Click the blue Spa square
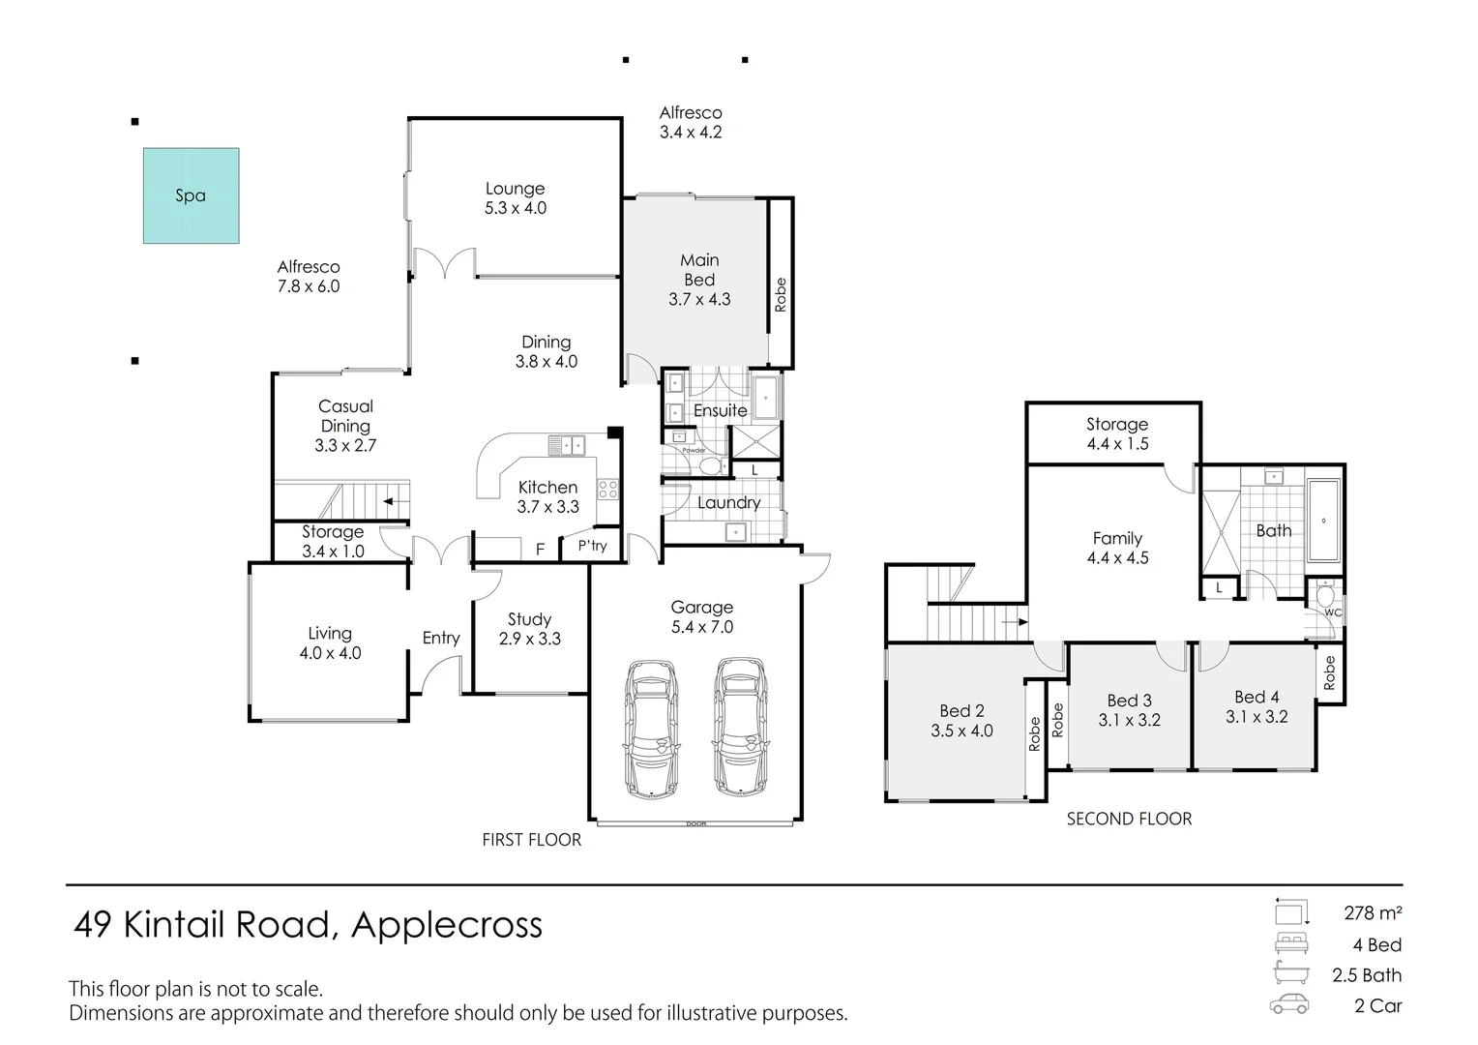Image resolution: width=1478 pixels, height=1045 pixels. [x=191, y=195]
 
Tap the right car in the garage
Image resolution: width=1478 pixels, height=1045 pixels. [x=740, y=728]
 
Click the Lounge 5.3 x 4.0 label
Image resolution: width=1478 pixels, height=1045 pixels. [x=515, y=198]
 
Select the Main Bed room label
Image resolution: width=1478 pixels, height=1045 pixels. [x=699, y=280]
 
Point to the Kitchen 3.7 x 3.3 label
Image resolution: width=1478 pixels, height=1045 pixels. [x=547, y=497]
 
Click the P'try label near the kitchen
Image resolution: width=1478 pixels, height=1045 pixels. [x=592, y=546]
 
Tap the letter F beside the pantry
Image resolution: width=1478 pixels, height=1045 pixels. [x=541, y=550]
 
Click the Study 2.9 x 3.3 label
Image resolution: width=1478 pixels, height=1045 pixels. [x=529, y=629]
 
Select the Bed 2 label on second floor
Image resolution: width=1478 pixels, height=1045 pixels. [x=961, y=721]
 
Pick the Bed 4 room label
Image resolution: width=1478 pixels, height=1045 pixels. [x=1256, y=706]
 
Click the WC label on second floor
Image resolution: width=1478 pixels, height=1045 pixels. [x=1333, y=612]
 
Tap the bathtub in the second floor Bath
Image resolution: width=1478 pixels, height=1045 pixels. [x=1323, y=521]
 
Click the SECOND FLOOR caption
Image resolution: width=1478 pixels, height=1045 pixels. [x=1129, y=819]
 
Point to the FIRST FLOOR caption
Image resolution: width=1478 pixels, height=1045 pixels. [x=531, y=840]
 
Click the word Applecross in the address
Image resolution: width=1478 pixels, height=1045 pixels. [x=447, y=925]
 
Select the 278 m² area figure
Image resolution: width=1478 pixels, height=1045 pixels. [x=1373, y=912]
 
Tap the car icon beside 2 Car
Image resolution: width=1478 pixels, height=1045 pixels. [x=1289, y=1004]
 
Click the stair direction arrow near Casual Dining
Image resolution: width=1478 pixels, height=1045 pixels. [x=392, y=501]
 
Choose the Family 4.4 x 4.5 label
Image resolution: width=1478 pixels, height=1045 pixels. [x=1117, y=548]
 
